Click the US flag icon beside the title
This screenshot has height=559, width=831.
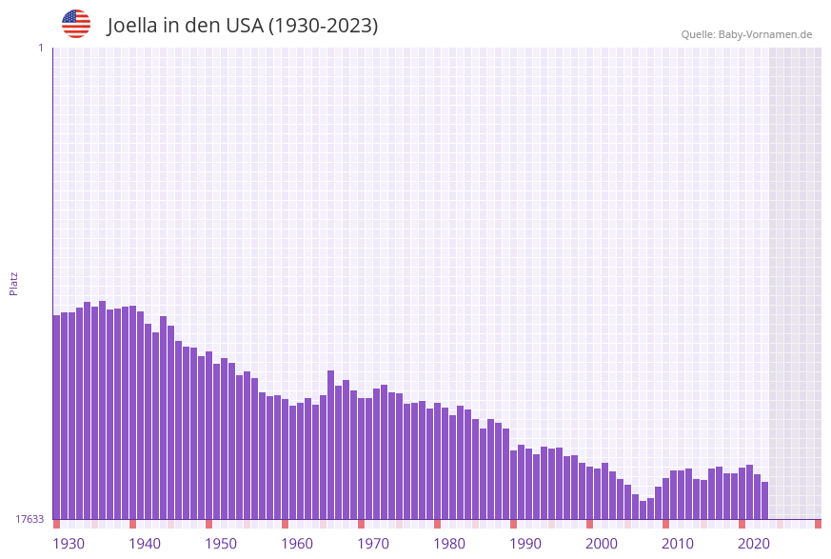point(76,24)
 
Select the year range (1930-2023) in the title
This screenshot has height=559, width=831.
point(323,26)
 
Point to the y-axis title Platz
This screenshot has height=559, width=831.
point(14,283)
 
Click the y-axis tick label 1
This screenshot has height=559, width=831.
point(40,48)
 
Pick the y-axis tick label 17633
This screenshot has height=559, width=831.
point(30,519)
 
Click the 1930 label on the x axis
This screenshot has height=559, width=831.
point(69,544)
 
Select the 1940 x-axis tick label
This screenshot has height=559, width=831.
point(145,544)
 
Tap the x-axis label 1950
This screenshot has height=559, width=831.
point(221,544)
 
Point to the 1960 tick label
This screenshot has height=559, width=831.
point(297,544)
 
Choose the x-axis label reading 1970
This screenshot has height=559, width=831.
point(373,544)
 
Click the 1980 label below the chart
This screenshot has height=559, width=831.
point(449,544)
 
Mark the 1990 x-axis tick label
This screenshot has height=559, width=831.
point(525,544)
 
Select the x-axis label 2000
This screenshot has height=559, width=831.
point(602,544)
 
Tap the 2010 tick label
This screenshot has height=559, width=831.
point(678,544)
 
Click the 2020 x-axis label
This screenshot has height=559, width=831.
point(754,544)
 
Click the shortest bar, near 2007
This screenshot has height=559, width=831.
point(643,509)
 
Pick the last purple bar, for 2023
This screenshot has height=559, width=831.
point(764,500)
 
